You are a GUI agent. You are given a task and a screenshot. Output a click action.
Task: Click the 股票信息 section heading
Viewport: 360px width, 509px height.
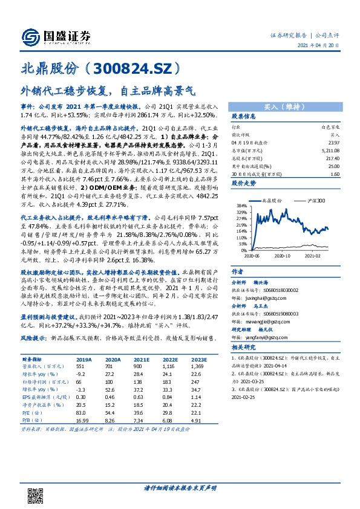(244, 116)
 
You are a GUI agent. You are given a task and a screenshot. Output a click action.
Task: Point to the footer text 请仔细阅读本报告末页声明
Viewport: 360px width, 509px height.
(180, 488)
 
